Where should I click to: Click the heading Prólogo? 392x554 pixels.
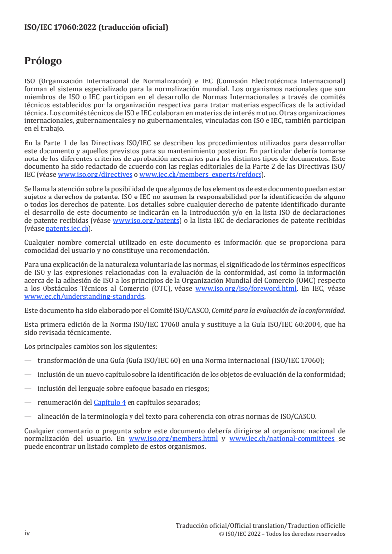tap(43, 61)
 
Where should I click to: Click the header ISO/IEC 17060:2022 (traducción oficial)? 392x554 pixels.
tap(96, 28)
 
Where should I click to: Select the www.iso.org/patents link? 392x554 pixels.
tap(146, 221)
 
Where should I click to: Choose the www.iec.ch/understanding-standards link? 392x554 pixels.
tap(85, 297)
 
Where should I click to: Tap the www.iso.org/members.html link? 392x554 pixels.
tap(173, 438)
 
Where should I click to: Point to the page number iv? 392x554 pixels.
tap(27, 534)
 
